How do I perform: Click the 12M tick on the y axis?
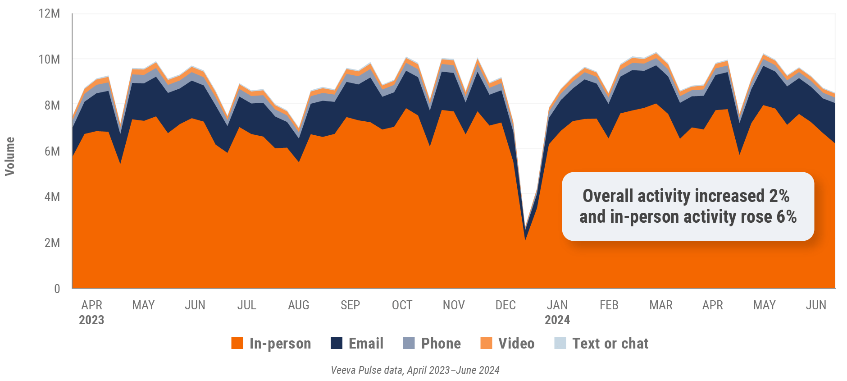[x=49, y=14]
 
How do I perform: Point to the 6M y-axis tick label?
[x=52, y=151]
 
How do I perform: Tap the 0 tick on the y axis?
[x=57, y=289]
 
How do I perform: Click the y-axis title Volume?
[x=10, y=156]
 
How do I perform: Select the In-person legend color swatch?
[x=237, y=343]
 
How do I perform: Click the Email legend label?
[x=366, y=344]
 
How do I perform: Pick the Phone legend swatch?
[x=409, y=343]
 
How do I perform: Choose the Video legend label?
[x=516, y=344]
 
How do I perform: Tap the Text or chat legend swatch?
[x=560, y=343]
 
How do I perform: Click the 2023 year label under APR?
[x=91, y=320]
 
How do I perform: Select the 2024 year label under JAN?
[x=557, y=320]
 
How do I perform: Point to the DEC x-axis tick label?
[x=505, y=305]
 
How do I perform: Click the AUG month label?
[x=299, y=305]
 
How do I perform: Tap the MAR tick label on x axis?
[x=661, y=305]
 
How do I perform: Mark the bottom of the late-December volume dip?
[x=525, y=239]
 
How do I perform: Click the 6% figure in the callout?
[x=787, y=217]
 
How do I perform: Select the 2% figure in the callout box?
[x=779, y=196]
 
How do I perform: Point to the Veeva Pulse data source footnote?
[x=415, y=370]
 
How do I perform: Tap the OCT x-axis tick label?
[x=402, y=305]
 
